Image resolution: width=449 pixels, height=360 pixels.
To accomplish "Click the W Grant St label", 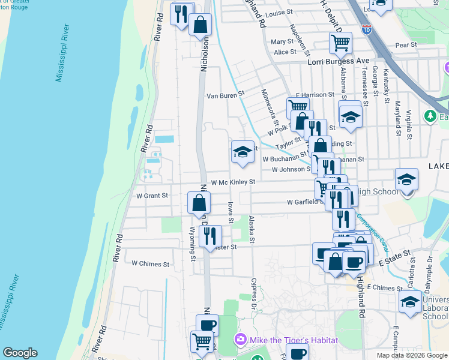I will (152, 196).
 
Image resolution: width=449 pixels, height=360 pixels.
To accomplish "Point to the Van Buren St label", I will (226, 95).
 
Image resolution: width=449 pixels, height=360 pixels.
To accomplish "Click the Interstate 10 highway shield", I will (367, 28).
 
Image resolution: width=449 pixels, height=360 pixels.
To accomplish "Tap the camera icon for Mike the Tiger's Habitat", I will (241, 340).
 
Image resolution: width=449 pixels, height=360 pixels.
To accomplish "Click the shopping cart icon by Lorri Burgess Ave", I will (340, 43).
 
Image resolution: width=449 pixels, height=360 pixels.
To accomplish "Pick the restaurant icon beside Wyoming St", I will (209, 235).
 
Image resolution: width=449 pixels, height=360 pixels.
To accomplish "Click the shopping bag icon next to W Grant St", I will (198, 203).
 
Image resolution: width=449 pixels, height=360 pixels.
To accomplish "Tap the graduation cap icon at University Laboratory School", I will (410, 301).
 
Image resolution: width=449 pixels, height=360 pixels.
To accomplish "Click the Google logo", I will (20, 353).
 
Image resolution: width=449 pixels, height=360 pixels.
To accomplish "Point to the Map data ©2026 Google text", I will (412, 355).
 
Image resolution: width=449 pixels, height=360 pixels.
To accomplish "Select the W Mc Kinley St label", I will (234, 182).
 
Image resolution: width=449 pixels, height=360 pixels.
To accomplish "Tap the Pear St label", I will (406, 45).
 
